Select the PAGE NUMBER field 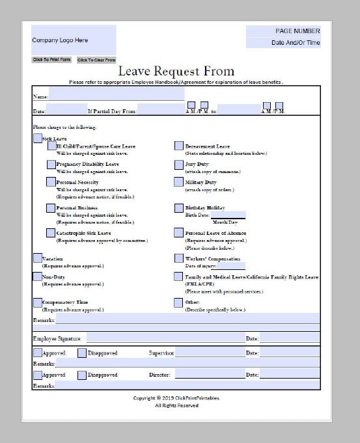tap(283, 31)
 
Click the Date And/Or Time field tap(283, 43)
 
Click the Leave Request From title tap(176, 72)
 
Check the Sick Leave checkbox tap(37, 138)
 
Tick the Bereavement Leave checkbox tap(178, 146)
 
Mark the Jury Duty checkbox tap(178, 165)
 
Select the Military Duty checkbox tap(178, 183)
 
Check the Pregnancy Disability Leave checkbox tap(51, 165)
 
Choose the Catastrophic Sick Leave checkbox tap(51, 233)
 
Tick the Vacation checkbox tap(37, 258)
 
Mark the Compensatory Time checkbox tap(37, 302)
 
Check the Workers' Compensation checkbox tap(178, 258)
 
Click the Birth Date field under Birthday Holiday tap(228, 214)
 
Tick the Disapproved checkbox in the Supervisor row tap(82, 353)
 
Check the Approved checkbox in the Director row tap(37, 375)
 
